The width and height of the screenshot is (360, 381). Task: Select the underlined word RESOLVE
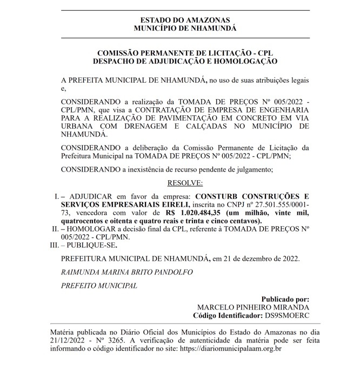[x=185, y=183]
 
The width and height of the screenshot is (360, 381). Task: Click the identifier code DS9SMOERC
[x=287, y=314]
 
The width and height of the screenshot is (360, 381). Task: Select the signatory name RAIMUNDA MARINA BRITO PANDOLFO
[x=126, y=272]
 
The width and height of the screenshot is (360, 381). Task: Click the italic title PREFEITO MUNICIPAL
[x=99, y=285]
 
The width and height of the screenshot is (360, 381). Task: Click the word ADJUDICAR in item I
[x=90, y=196]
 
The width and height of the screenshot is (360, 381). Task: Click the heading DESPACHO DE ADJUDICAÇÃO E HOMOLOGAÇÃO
[x=185, y=62]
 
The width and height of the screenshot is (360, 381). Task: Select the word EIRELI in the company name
[x=171, y=204]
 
